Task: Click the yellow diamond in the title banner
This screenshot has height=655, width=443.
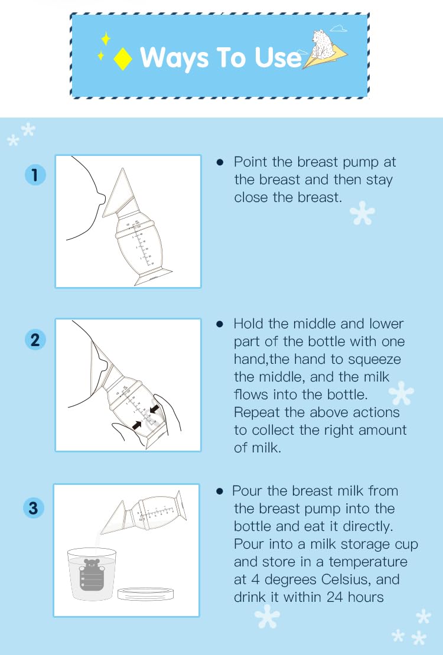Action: pyautogui.click(x=122, y=59)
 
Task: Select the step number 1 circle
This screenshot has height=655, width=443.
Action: pyautogui.click(x=35, y=175)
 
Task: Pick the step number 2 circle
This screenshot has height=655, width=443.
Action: pyautogui.click(x=35, y=340)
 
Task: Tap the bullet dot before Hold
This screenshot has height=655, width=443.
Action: pyautogui.click(x=220, y=324)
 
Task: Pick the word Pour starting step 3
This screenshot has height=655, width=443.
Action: pyautogui.click(x=247, y=491)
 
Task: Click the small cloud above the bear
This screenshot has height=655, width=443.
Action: pyautogui.click(x=338, y=27)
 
